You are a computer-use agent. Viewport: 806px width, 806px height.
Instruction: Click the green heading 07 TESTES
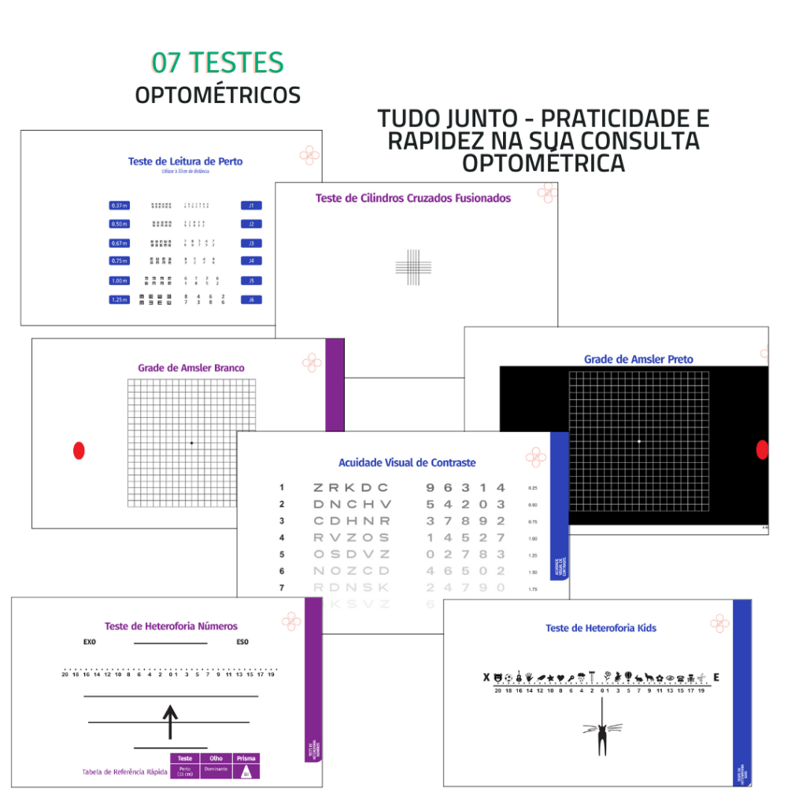(217, 62)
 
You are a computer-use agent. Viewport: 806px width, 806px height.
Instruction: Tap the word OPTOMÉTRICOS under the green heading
(217, 95)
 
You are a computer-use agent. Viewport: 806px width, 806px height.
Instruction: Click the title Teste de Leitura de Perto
(185, 161)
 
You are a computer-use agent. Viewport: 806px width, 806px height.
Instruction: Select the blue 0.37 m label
(119, 205)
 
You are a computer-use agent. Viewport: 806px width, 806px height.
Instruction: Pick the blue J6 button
(251, 300)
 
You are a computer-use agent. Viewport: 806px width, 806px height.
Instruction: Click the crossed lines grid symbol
(413, 267)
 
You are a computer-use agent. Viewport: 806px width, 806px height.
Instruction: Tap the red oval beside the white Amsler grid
(79, 450)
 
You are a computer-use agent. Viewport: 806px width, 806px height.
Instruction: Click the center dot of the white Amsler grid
(191, 443)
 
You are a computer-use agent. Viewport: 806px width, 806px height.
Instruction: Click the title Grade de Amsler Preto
(638, 360)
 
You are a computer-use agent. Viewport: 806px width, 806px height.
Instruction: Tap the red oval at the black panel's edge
(761, 449)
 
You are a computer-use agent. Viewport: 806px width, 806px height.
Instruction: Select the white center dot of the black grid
(638, 442)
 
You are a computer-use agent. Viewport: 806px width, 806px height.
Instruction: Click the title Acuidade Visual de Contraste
(407, 463)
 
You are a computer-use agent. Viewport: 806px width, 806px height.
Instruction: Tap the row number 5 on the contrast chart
(281, 554)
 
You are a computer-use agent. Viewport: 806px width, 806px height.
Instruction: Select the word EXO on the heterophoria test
(89, 642)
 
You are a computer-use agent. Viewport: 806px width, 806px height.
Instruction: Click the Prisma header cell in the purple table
(246, 759)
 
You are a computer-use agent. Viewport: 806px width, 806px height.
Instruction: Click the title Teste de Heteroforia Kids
(601, 628)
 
